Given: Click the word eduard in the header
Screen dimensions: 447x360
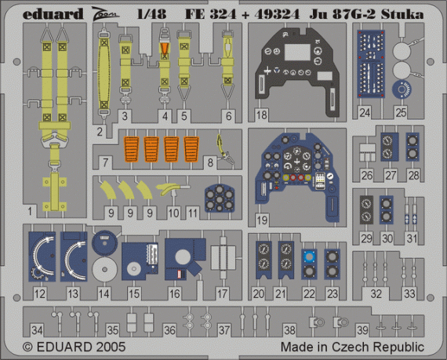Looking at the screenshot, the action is [x=53, y=14].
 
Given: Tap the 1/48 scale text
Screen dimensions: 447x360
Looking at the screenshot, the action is [x=151, y=14].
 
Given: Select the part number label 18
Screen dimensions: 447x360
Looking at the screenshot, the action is [x=261, y=115].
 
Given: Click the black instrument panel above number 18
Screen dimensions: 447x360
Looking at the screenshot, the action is [x=297, y=71].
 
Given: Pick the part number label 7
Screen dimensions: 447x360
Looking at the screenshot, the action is [x=106, y=162].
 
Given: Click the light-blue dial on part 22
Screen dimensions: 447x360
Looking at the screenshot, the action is [x=309, y=256].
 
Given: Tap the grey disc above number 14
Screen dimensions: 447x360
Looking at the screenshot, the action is [x=104, y=269].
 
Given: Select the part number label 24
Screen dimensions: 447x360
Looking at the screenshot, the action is [x=365, y=113].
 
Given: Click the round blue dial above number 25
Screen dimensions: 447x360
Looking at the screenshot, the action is [x=402, y=89].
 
